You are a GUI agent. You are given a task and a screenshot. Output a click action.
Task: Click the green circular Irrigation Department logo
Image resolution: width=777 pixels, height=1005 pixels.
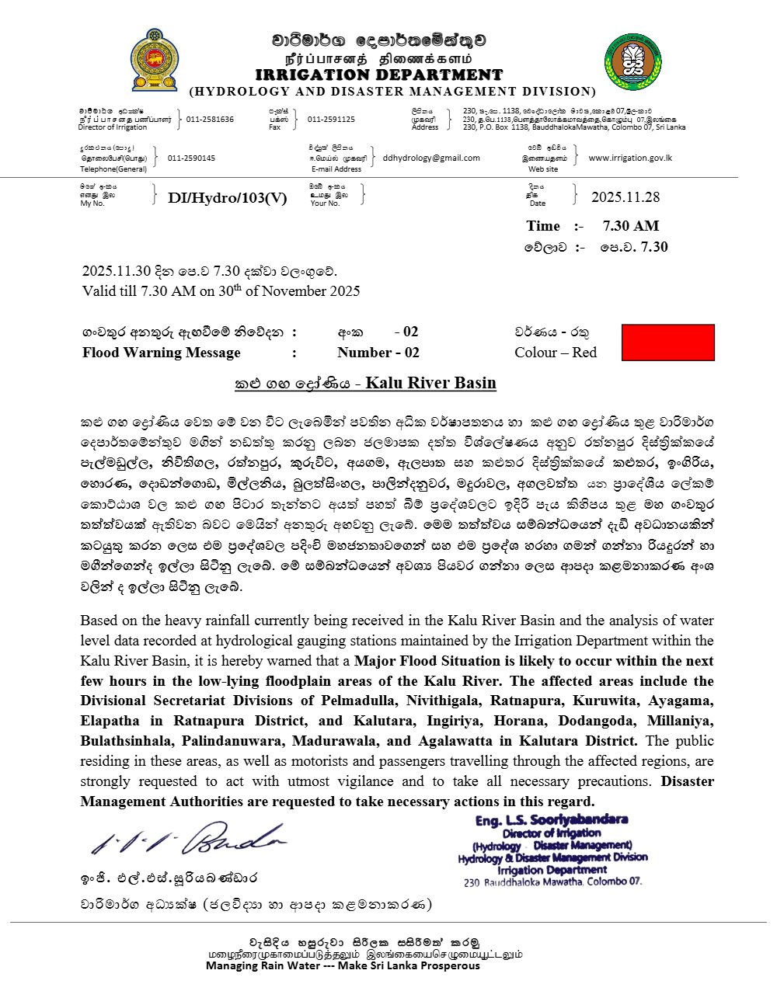[632, 61]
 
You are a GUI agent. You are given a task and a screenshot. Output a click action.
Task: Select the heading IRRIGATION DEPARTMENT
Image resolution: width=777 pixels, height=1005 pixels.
[379, 75]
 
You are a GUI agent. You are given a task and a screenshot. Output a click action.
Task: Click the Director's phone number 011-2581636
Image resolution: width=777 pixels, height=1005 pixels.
[210, 120]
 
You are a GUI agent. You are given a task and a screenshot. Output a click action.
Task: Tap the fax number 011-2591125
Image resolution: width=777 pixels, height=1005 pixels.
[331, 120]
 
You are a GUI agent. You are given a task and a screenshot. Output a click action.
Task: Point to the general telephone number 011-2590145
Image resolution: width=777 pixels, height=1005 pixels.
[191, 158]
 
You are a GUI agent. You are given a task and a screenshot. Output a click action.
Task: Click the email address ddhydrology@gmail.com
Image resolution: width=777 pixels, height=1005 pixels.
[431, 158]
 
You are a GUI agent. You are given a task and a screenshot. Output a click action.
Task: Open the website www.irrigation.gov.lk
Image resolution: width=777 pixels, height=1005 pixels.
[630, 158]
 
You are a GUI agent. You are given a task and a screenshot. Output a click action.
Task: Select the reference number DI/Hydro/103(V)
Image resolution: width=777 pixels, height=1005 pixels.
[227, 198]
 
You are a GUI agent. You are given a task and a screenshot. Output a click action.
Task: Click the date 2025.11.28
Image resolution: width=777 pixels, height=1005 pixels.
[625, 197]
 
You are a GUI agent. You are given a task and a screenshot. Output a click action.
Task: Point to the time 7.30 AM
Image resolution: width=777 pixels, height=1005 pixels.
[631, 226]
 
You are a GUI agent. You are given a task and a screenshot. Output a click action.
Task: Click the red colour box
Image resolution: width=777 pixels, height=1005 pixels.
[667, 343]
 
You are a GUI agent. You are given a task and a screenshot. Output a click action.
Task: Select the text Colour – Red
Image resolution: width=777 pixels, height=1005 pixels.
[556, 353]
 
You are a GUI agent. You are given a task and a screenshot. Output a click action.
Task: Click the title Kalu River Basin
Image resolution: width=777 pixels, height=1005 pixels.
[430, 383]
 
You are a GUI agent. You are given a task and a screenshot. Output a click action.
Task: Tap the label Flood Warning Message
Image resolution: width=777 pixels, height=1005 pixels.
[162, 353]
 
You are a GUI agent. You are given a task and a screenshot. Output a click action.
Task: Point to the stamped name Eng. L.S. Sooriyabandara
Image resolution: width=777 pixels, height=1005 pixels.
[552, 820]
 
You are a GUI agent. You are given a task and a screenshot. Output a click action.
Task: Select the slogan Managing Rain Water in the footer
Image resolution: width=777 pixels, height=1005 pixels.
[343, 965]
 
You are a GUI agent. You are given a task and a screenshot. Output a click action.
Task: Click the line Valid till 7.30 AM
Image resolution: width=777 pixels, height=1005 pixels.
[221, 291]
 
